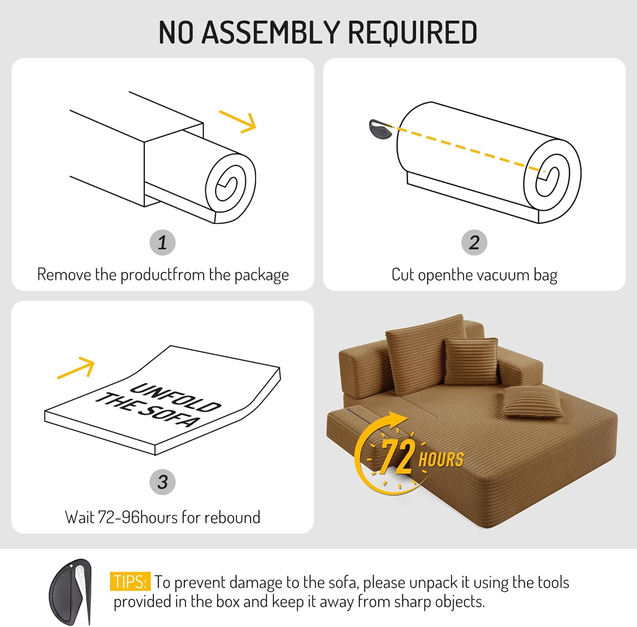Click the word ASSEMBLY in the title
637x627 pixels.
(x=271, y=33)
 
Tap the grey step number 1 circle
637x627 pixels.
(x=163, y=243)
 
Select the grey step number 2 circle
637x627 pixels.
(x=474, y=243)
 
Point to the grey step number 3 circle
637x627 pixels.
(x=163, y=482)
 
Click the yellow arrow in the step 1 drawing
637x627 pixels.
(x=238, y=122)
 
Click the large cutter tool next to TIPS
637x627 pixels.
(x=70, y=592)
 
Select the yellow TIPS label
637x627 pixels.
(x=130, y=582)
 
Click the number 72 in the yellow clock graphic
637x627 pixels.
(x=397, y=456)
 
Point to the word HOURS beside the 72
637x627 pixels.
(x=441, y=460)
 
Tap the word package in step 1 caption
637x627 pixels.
(x=262, y=275)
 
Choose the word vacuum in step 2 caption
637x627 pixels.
(x=502, y=275)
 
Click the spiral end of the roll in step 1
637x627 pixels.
(x=231, y=188)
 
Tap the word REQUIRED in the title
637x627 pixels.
(x=412, y=33)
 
